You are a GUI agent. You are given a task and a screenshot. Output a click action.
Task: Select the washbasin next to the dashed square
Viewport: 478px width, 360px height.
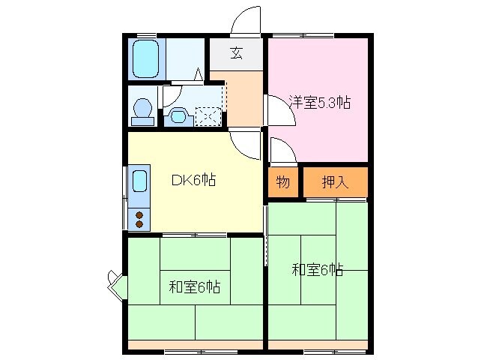178,115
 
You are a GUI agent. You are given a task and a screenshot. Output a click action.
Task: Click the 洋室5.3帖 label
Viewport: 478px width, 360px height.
319,103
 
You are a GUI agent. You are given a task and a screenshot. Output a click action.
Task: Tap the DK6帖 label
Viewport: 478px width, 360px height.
193,180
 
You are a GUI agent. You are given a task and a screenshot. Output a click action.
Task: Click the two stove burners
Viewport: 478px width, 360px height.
139,218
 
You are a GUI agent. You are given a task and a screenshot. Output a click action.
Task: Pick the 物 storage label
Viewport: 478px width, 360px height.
282,182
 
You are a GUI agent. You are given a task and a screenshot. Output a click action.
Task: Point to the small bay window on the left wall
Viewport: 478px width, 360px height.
116,285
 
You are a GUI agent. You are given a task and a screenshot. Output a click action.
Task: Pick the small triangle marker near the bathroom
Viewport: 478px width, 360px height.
199,74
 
